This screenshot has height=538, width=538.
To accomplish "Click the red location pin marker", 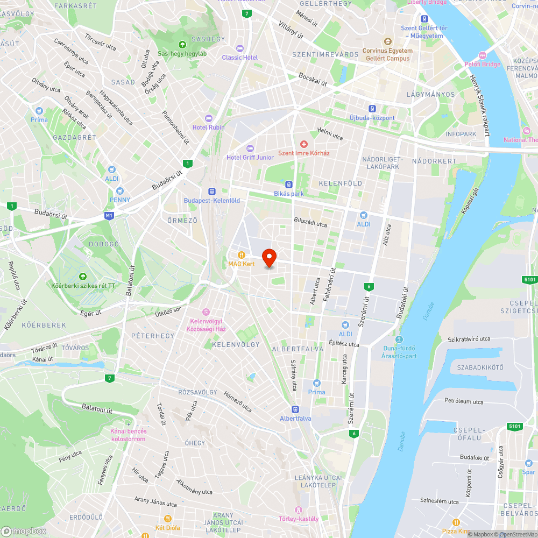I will click(268, 257).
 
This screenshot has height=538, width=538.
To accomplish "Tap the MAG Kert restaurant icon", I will click(242, 254).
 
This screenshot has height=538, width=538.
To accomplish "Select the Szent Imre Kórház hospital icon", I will click(304, 144).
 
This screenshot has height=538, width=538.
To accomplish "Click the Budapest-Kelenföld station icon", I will click(212, 192).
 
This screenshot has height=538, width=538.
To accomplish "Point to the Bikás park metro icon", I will click(289, 184).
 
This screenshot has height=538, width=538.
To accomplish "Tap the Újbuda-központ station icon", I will click(372, 109).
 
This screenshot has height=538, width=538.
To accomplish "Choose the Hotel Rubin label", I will click(209, 128).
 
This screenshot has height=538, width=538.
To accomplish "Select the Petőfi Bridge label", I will click(483, 65).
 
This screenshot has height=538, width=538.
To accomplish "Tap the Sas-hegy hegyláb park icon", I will click(182, 44).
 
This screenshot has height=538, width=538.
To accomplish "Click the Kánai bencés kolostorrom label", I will click(128, 435).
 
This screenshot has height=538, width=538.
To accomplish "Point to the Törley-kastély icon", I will click(299, 509).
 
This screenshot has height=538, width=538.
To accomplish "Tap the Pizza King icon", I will click(456, 522).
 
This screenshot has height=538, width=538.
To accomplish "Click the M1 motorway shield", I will click(110, 216).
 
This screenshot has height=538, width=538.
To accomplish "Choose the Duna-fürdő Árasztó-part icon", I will click(399, 339).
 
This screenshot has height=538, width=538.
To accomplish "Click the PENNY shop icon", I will click(119, 191).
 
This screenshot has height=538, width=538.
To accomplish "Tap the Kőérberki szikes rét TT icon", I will click(82, 276).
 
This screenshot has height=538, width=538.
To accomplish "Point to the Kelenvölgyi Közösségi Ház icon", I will click(205, 312).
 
